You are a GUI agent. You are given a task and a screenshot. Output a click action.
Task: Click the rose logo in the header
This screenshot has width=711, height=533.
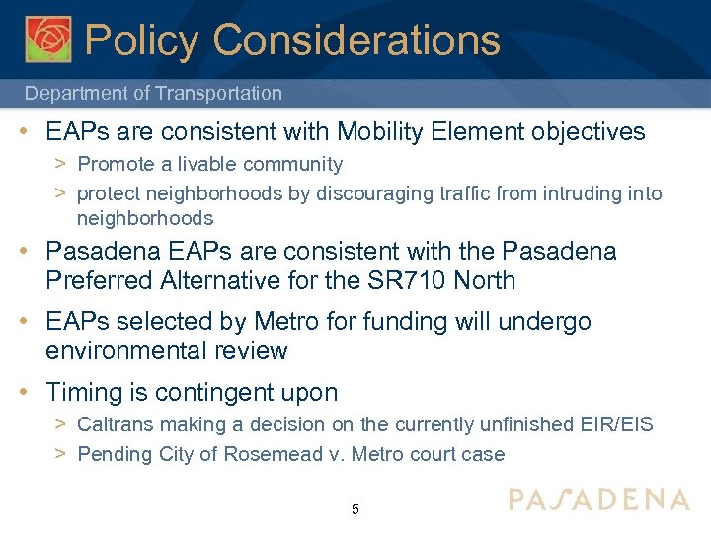48,38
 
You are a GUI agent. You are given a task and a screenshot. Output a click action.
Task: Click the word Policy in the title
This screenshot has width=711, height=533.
142,40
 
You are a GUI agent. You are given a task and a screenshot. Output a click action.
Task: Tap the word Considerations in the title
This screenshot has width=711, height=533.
355,40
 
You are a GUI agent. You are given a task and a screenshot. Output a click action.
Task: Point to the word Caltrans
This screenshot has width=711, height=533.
115,425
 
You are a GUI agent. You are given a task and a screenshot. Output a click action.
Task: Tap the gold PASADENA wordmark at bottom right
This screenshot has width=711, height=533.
599,498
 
